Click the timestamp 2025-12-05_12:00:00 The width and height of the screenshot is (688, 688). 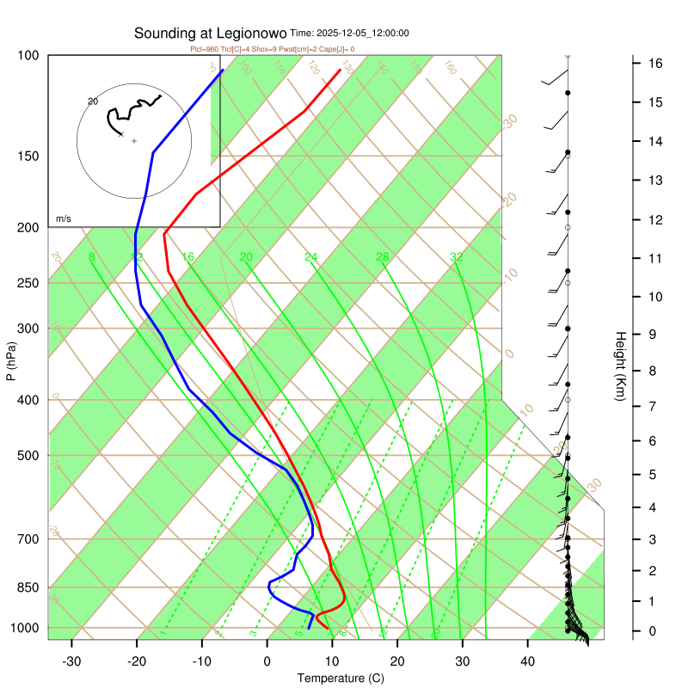pos(362,34)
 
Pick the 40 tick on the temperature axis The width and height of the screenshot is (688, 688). pos(528,661)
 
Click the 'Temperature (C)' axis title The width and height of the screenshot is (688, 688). pos(341,679)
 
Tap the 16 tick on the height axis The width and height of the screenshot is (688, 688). pos(654,64)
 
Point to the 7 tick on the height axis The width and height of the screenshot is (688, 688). pos(654,405)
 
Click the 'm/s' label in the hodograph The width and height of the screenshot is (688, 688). pos(64,219)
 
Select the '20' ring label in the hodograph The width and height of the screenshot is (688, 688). pos(93,101)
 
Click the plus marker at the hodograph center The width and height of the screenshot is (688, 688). pos(134,140)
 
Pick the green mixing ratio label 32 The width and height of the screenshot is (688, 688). pos(457,257)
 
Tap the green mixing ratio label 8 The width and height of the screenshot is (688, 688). pos(91,257)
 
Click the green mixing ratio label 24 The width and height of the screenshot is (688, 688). pos(311,257)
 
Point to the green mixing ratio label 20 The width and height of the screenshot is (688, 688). pos(246,257)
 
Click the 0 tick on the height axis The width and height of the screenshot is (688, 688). pos(654,632)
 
